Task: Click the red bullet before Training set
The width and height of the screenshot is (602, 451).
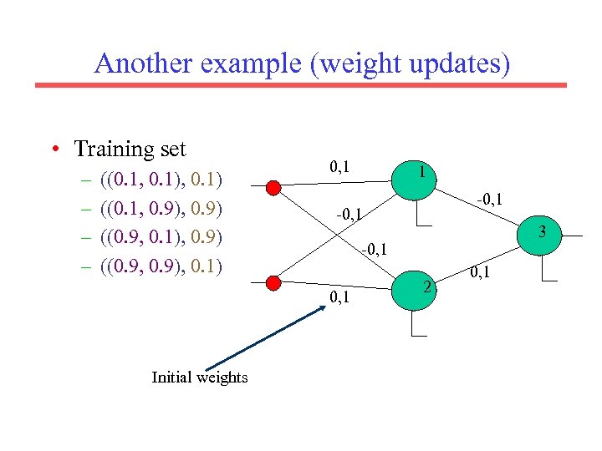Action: point(54,150)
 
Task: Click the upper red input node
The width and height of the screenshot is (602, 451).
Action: point(273,188)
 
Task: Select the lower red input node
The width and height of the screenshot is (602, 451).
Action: point(273,281)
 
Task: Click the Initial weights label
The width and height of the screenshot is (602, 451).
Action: point(200,378)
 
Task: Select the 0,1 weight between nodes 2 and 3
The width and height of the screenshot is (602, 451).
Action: point(479,271)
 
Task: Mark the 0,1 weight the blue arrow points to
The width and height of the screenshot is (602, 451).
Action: point(339,297)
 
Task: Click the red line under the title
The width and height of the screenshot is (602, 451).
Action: point(300,84)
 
